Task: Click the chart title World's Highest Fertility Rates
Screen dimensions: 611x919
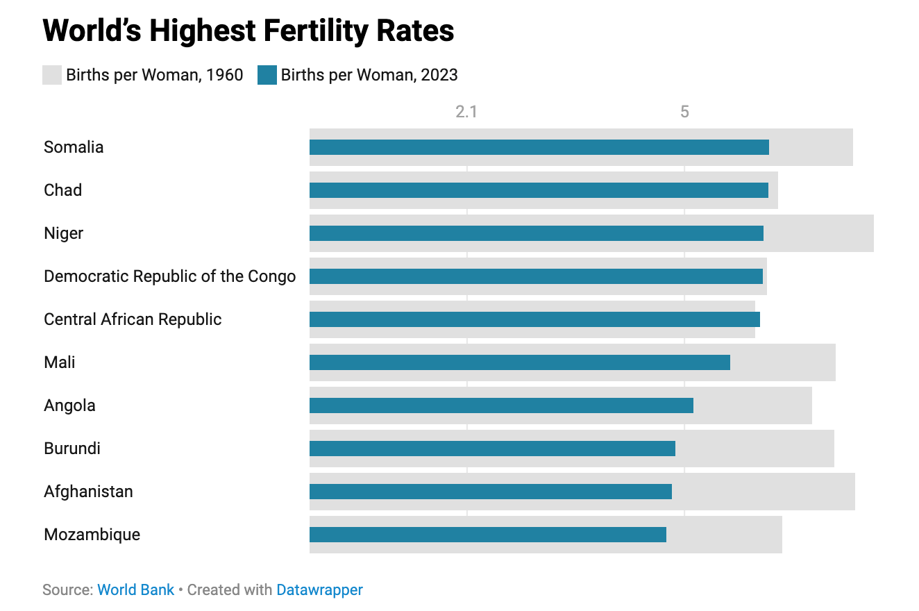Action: coord(248,31)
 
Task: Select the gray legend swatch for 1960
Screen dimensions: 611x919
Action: coord(52,75)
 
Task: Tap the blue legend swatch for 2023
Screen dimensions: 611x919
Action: coord(267,75)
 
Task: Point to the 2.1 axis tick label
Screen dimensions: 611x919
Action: coord(466,112)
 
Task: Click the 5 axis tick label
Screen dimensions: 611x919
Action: coord(684,112)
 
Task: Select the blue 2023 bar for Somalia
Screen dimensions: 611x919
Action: coord(539,147)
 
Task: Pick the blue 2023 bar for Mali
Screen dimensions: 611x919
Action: coord(519,362)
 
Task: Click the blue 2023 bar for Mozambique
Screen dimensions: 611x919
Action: coord(487,535)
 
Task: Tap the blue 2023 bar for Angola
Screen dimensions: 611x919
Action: coord(501,405)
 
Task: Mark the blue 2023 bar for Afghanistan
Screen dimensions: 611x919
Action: coord(490,492)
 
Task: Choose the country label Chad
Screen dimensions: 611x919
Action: coord(62,190)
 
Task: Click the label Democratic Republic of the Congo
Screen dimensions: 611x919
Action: coord(169,276)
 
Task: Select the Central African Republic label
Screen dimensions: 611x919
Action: coord(133,319)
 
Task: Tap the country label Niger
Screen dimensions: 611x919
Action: coord(63,233)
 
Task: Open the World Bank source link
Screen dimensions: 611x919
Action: coord(135,590)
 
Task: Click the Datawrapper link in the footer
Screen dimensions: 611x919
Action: coord(319,590)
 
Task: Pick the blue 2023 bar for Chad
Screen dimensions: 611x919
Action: coord(539,190)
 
